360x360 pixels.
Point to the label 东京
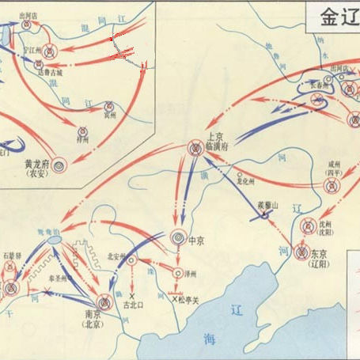pyautogui.click(x=317, y=253)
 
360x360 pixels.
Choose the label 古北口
pyautogui.click(x=135, y=305)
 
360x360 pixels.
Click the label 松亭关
pyautogui.click(x=190, y=301)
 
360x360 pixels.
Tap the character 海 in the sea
pyautogui.click(x=208, y=339)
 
